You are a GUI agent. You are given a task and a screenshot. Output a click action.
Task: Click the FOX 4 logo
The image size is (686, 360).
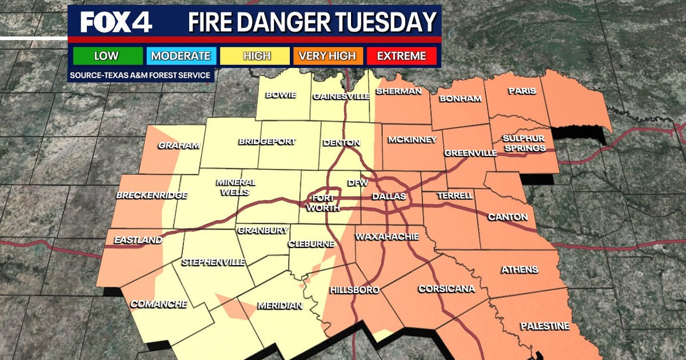(116, 23)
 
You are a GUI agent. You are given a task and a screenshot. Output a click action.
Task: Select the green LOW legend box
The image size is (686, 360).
(106, 56)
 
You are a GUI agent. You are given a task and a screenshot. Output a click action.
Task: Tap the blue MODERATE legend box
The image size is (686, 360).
(181, 56)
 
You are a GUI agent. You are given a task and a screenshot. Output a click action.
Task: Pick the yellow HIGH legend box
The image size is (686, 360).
(257, 56)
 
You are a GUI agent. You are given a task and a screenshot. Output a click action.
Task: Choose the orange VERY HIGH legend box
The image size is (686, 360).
(329, 56)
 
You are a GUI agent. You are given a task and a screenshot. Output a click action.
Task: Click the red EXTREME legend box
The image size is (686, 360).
(402, 56)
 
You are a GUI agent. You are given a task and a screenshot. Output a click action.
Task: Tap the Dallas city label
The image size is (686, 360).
(389, 197)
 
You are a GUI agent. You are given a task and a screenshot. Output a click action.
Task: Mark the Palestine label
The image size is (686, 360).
(545, 326)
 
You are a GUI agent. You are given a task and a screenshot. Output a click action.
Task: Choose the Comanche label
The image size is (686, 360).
(158, 304)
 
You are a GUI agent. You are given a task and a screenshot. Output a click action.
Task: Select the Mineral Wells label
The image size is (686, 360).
(236, 187)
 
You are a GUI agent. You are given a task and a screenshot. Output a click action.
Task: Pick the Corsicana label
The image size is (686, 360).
(446, 289)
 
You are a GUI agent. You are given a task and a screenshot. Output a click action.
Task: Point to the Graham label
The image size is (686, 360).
(180, 146)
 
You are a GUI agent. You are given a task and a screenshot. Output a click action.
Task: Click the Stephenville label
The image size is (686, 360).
(213, 262)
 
